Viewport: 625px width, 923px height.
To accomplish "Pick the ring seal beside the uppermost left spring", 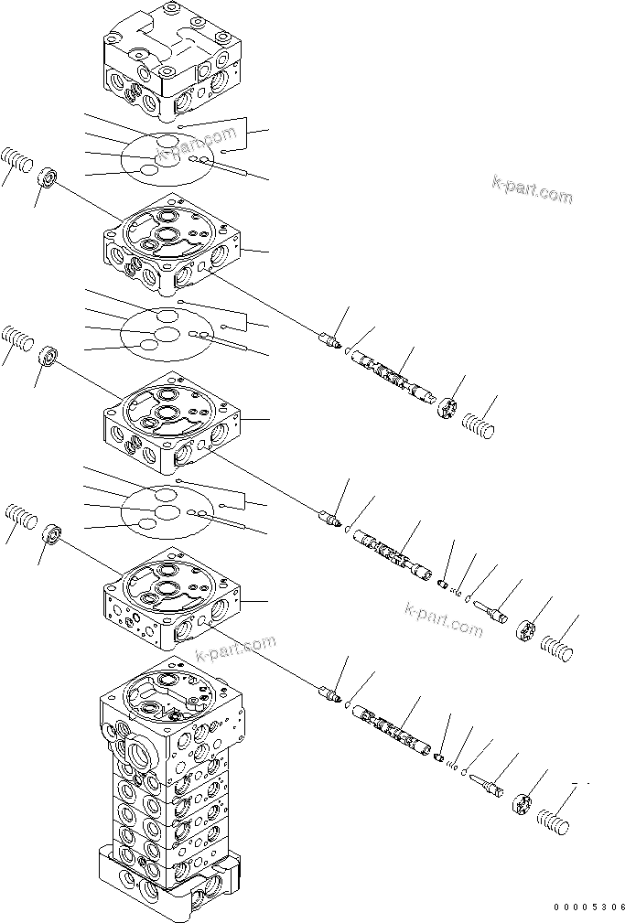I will [48, 177].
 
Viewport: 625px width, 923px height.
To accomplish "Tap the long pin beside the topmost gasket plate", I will [234, 169].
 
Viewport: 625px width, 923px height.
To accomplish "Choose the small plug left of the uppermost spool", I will [329, 341].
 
